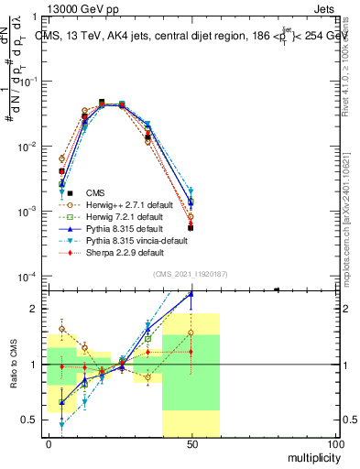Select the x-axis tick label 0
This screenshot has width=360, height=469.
pos(48,444)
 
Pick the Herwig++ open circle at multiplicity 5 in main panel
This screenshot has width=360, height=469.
pos(62,158)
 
